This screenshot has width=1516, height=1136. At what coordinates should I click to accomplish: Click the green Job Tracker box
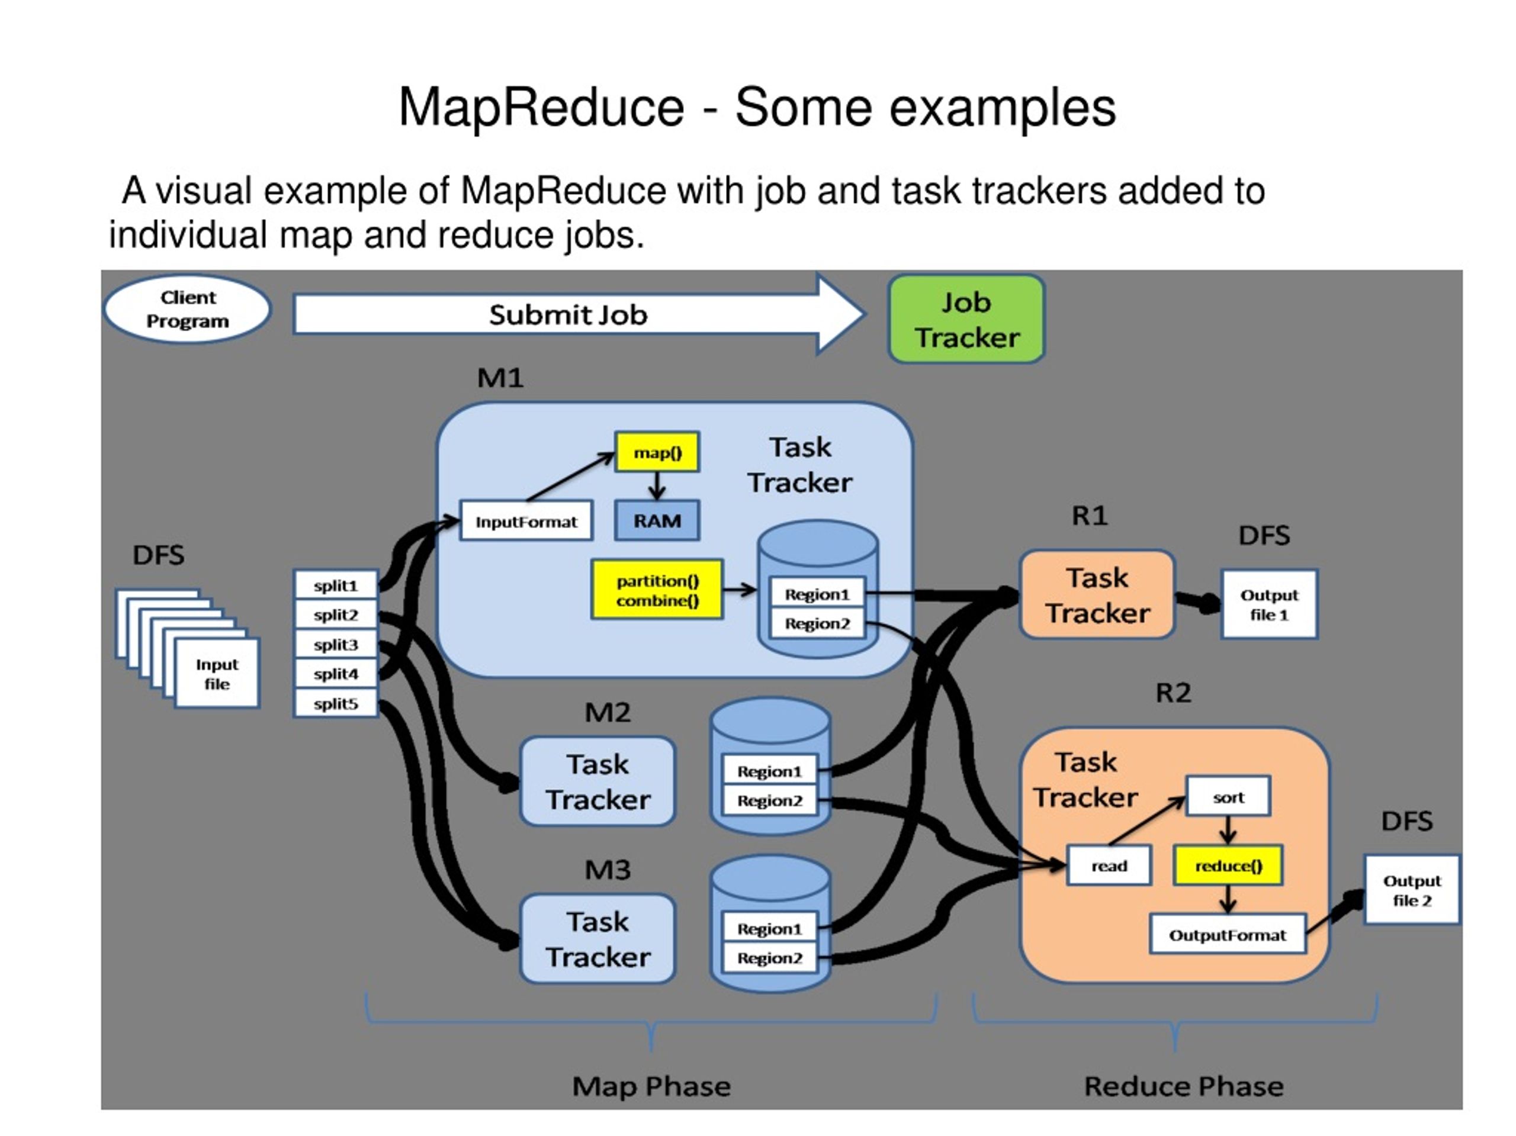click(x=966, y=319)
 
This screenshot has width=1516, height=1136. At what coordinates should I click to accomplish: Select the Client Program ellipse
click(x=187, y=309)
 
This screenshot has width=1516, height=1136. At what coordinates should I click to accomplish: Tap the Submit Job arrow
click(x=569, y=314)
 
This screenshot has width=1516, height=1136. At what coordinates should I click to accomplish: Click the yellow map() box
click(x=657, y=452)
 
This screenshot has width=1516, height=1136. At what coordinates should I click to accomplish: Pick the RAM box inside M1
click(x=657, y=521)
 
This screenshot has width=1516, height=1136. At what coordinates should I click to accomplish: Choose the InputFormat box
click(x=526, y=522)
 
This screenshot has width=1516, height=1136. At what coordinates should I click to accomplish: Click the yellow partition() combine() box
click(x=657, y=590)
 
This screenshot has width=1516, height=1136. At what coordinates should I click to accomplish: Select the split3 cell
click(x=335, y=644)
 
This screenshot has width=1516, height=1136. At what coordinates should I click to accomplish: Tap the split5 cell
click(x=335, y=704)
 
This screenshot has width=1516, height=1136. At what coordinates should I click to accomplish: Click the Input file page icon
click(x=217, y=674)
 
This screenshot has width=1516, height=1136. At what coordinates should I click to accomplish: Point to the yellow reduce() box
click(x=1228, y=865)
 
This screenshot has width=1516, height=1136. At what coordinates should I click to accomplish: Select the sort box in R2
click(x=1228, y=797)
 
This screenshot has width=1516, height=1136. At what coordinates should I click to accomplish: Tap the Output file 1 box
click(x=1268, y=604)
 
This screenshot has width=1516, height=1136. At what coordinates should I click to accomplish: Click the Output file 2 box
click(x=1411, y=890)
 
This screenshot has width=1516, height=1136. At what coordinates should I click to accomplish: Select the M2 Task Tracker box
click(x=597, y=781)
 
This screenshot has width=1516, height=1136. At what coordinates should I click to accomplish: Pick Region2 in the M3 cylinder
click(x=769, y=958)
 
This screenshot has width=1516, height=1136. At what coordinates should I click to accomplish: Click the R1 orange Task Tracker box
click(x=1097, y=595)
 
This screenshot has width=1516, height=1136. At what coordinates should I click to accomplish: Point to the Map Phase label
click(x=651, y=1086)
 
